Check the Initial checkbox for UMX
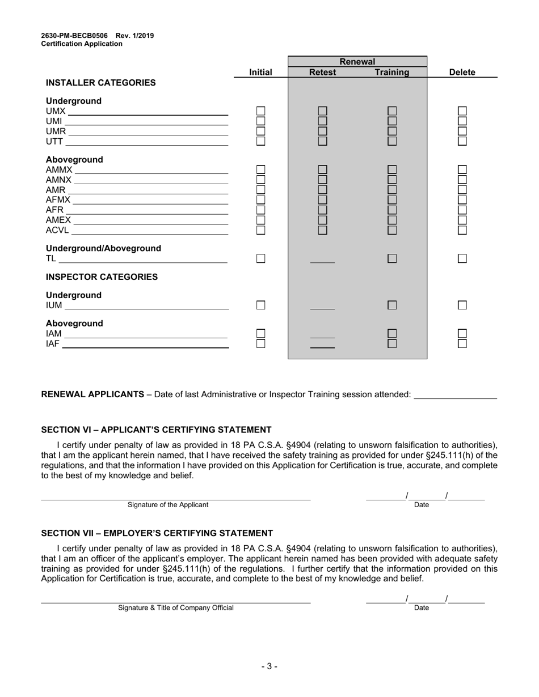pyautogui.click(x=260, y=111)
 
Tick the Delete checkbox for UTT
pyautogui.click(x=462, y=141)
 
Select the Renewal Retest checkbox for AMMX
pyautogui.click(x=322, y=169)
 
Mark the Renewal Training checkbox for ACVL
pyautogui.click(x=392, y=230)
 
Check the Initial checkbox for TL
pyautogui.click(x=260, y=258)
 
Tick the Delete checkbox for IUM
pyautogui.click(x=462, y=305)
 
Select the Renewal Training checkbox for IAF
pyautogui.click(x=392, y=343)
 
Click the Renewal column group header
pyautogui.click(x=357, y=62)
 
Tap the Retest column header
pyautogui.click(x=322, y=73)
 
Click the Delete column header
pyautogui.click(x=462, y=73)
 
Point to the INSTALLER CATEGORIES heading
pyautogui.click(x=100, y=83)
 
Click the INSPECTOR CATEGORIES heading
pyautogui.click(x=102, y=277)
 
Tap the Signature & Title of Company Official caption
pyautogui.click(x=175, y=608)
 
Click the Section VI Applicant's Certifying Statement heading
pyautogui.click(x=156, y=430)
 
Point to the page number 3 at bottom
pyautogui.click(x=269, y=666)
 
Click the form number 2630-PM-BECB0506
pyautogui.click(x=74, y=36)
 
